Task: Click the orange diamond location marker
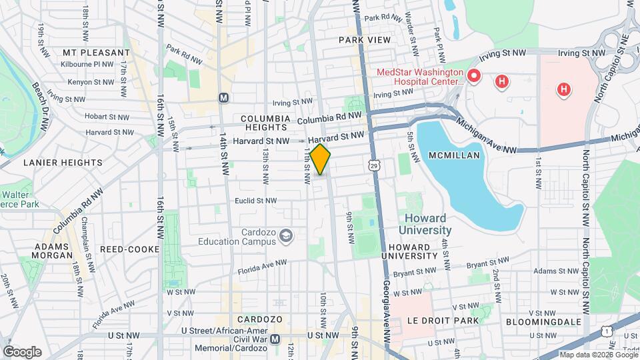coord(321,159)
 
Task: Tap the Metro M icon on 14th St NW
coord(224,97)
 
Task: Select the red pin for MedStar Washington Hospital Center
coord(474,76)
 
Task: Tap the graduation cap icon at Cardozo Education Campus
coord(286,235)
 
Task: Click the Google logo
coord(22,351)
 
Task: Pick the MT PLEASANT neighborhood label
coord(96,52)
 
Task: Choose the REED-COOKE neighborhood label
coord(129,249)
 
